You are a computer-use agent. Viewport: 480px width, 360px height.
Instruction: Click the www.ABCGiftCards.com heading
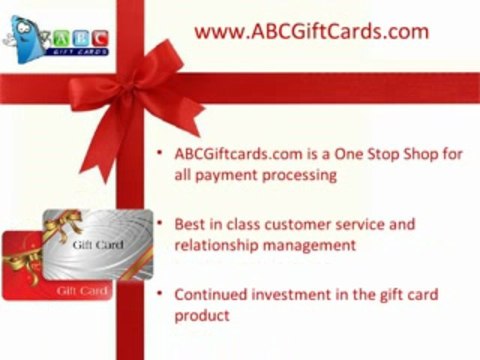[x=311, y=32]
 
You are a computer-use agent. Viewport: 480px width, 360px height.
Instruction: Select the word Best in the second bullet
[x=190, y=224]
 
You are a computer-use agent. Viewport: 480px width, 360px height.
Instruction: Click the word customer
[x=292, y=224]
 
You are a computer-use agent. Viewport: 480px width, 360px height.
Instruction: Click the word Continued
[x=211, y=295]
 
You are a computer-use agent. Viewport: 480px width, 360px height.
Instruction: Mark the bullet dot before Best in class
[x=163, y=224]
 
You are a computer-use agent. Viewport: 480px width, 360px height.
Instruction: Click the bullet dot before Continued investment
[x=163, y=295]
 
